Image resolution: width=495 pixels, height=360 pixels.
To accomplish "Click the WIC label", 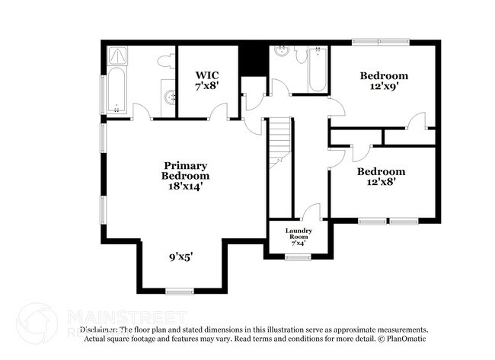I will point(208,75).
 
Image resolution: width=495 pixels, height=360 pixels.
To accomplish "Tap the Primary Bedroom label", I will point(185,170).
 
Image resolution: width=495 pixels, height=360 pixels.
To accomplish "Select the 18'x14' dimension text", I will point(185,185).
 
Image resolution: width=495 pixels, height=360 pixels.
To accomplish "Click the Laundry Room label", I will point(298,234).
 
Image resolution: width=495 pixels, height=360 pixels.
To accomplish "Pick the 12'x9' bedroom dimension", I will point(384,88).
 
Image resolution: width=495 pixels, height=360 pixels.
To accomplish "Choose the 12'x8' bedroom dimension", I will point(382,183).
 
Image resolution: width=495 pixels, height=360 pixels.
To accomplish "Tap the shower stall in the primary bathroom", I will point(118,56).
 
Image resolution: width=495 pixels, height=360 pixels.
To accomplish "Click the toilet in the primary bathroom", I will point(165,61).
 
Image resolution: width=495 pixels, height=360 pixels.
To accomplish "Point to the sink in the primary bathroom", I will point(168,97).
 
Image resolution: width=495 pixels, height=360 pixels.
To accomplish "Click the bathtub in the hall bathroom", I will point(316,70).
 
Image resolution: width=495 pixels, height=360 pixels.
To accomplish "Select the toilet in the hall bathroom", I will point(301,55).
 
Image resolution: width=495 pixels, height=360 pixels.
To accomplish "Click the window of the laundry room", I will point(297,257).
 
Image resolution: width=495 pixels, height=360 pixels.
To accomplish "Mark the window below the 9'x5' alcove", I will point(179,291).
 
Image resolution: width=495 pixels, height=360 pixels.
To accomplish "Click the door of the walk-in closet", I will point(219,113).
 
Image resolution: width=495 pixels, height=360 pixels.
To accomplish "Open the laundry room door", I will point(310,213).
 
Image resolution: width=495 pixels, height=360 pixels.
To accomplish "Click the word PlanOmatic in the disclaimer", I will point(404,338).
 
